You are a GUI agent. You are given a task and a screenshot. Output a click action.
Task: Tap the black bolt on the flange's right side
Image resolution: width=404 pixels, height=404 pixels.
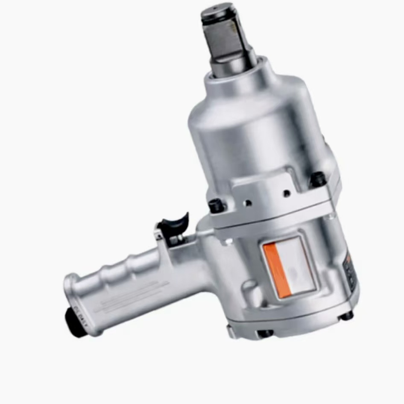click(x=319, y=179)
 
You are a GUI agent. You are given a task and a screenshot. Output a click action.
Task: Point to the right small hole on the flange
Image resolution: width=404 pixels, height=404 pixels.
click(x=287, y=193)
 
